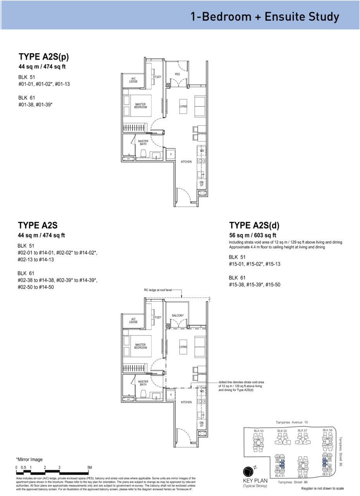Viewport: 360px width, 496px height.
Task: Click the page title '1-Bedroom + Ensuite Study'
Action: tap(265, 16)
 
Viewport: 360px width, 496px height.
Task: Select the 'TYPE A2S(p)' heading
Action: tap(44, 57)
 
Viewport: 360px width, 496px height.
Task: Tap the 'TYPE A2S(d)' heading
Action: tap(254, 226)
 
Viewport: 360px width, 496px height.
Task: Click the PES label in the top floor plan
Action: tap(177, 74)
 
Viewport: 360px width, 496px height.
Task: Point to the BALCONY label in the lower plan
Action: tap(177, 315)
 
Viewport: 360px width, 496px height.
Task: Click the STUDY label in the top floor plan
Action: tap(157, 77)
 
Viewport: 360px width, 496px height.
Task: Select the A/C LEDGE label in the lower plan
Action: tap(133, 320)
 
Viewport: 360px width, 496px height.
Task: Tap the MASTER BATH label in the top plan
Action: tap(143, 143)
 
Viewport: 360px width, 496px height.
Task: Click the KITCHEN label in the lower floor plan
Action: tap(186, 402)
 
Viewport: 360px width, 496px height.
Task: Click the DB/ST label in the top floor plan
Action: tap(202, 184)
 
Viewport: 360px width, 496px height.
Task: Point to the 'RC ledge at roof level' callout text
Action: tap(158, 290)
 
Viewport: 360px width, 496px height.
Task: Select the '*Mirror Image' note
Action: tap(29, 460)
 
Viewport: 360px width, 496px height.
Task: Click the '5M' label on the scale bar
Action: tap(90, 468)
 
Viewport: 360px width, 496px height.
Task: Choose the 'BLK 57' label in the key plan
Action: tap(302, 431)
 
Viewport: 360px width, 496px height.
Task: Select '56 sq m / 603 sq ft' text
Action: tap(253, 235)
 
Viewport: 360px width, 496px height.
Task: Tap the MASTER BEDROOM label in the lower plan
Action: tap(141, 346)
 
